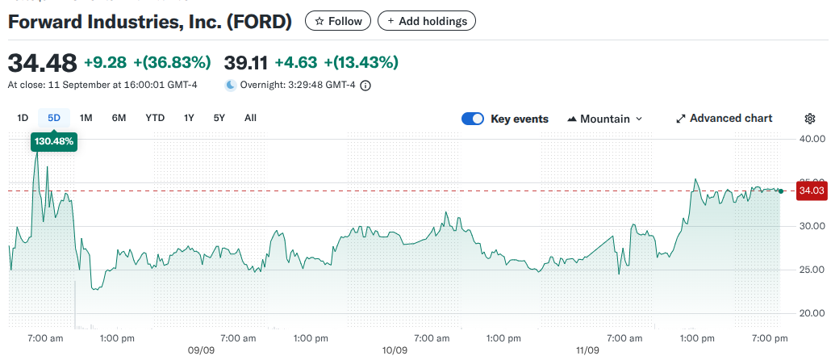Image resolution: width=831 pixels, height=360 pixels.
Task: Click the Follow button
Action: tap(338, 21)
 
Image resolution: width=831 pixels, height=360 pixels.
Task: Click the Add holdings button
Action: tap(427, 21)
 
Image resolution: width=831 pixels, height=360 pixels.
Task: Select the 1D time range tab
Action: tap(23, 118)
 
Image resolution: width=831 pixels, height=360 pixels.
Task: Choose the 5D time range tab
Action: tap(54, 118)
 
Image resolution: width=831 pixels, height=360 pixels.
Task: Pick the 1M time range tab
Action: tap(86, 118)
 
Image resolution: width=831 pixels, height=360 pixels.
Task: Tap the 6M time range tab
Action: tap(119, 118)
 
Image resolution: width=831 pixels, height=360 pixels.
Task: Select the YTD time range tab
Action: tap(155, 118)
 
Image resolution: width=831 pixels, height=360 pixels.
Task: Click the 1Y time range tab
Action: tap(189, 118)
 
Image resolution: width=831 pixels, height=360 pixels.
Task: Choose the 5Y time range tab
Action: tap(219, 118)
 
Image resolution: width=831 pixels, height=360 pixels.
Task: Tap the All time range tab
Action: tap(250, 118)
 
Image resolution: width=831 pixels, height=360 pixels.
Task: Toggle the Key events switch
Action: tap(472, 119)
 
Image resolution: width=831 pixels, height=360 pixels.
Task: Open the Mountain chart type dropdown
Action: tap(605, 119)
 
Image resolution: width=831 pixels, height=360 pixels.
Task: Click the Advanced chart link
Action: tap(724, 119)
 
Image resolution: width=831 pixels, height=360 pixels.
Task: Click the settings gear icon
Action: tap(810, 119)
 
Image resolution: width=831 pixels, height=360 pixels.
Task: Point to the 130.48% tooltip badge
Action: tap(54, 141)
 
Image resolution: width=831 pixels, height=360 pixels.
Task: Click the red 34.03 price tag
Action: tap(811, 191)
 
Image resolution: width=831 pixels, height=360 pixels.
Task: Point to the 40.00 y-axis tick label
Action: tap(809, 139)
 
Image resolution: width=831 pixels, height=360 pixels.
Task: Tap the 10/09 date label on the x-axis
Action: tap(394, 351)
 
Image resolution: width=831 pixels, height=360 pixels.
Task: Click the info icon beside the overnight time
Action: tap(365, 85)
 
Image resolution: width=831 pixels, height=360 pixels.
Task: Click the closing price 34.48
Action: tap(42, 62)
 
